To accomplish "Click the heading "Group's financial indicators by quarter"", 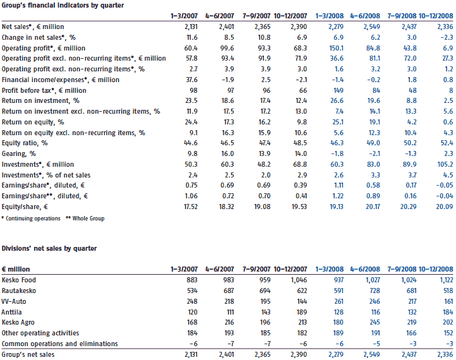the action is point(63,5).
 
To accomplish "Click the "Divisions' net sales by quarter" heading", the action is point(49,248).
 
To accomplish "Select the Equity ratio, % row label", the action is point(25,143).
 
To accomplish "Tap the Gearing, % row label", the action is point(18,154).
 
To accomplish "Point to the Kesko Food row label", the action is point(18,280).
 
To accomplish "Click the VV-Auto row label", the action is point(14,301).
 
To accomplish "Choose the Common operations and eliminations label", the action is point(59,344).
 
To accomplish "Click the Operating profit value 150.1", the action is point(336,48).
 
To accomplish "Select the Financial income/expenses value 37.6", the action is point(191,80).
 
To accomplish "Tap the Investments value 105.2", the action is point(445,164).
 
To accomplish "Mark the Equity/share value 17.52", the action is point(191,207).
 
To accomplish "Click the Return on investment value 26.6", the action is point(337,100).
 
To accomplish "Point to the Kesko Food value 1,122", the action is point(445,280).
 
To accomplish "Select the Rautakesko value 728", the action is point(375,291).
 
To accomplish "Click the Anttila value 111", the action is point(230,312).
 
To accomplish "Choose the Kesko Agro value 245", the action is point(375,322).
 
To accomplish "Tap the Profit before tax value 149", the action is point(339,90).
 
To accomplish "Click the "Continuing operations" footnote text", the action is point(33,219).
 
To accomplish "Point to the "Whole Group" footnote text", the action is point(88,219).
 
